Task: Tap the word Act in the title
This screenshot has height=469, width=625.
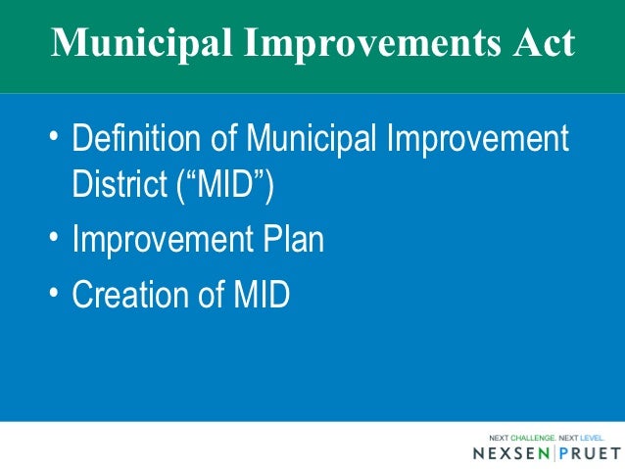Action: [542, 45]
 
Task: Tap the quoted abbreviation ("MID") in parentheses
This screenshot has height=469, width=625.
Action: [223, 184]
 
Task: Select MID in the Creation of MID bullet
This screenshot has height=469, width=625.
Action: [260, 295]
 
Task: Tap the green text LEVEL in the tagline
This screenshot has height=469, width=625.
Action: [591, 437]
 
